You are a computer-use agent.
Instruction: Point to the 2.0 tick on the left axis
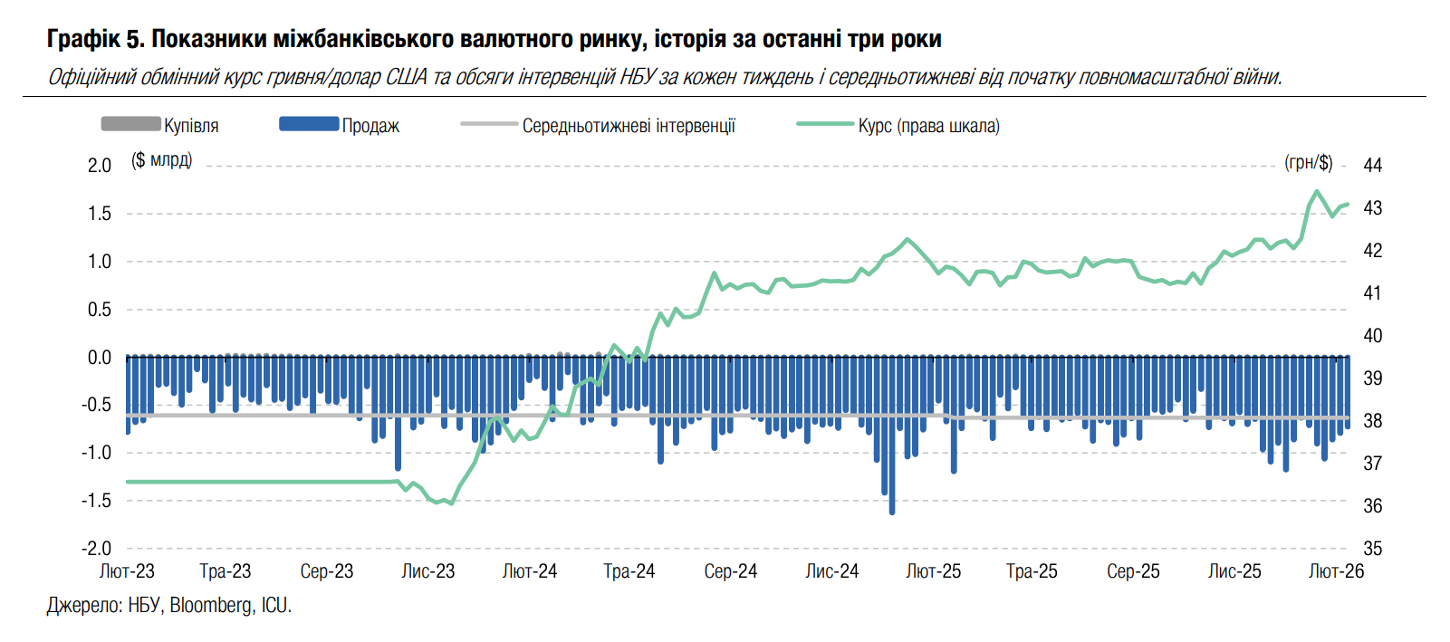click(100, 166)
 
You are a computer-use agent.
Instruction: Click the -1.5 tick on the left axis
click(97, 501)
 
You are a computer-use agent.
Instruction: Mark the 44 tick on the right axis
click(1373, 166)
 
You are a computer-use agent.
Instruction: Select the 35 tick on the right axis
click(1373, 549)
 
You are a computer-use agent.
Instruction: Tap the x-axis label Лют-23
click(127, 571)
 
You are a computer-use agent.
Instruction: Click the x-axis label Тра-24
click(629, 571)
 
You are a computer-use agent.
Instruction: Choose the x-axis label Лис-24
click(831, 571)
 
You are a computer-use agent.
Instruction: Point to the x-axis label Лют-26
click(1336, 571)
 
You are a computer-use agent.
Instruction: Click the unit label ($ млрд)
click(161, 161)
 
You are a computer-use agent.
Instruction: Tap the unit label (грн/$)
click(1309, 163)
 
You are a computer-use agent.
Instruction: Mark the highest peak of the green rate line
click(1317, 192)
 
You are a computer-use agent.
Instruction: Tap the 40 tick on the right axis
click(1373, 336)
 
